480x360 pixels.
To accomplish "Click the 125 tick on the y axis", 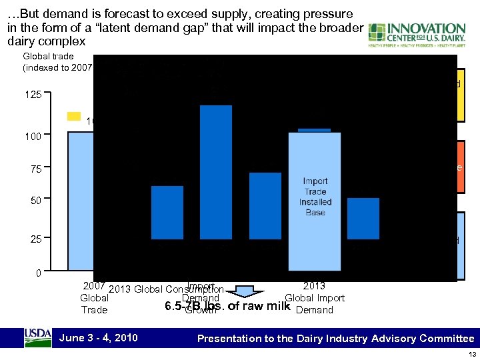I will pyautogui.click(x=31, y=95).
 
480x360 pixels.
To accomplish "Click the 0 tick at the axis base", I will pyautogui.click(x=38, y=273).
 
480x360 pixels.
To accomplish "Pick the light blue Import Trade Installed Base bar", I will pyautogui.click(x=315, y=197).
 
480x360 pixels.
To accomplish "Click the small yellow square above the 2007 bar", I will pyautogui.click(x=74, y=117).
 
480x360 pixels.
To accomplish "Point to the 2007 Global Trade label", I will pyautogui.click(x=94, y=298).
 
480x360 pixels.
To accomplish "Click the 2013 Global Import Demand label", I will pyautogui.click(x=314, y=297).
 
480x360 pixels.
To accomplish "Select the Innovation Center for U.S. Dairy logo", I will pyautogui.click(x=417, y=37).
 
